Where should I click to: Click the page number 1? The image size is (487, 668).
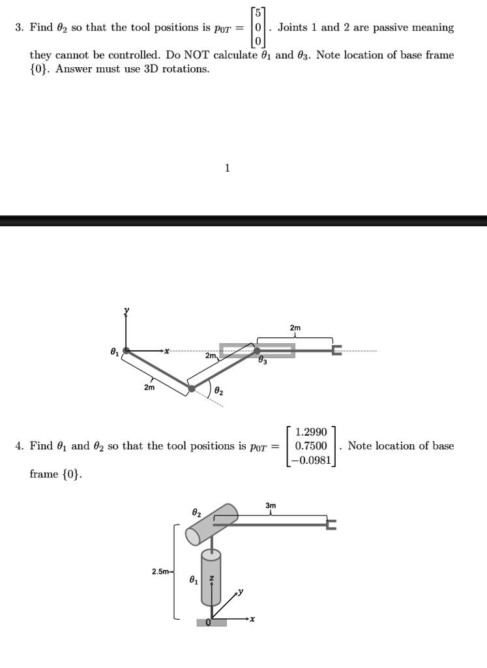(227, 168)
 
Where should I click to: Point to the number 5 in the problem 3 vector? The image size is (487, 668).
(259, 14)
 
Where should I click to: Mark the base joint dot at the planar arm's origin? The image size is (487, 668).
(126, 350)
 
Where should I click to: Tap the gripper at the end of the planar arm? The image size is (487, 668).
(336, 351)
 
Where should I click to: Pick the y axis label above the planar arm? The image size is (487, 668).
(127, 310)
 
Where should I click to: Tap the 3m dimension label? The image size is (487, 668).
(271, 506)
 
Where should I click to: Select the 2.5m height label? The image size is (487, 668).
(160, 571)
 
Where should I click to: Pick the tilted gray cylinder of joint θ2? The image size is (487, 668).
(212, 523)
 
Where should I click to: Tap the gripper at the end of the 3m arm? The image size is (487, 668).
(332, 524)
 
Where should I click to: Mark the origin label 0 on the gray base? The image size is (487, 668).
(209, 622)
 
